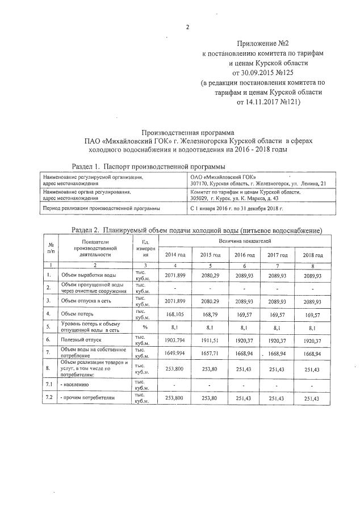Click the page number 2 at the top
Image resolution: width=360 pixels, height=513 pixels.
click(x=187, y=27)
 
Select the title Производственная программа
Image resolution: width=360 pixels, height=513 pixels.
click(x=181, y=130)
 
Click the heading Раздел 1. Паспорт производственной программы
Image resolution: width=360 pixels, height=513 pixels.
click(x=149, y=166)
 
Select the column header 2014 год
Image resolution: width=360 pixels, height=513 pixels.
click(x=174, y=255)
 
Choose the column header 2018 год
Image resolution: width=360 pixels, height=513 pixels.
click(x=313, y=255)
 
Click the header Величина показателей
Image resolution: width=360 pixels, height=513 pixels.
click(x=244, y=242)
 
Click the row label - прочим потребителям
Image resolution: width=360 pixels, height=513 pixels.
click(x=87, y=398)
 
